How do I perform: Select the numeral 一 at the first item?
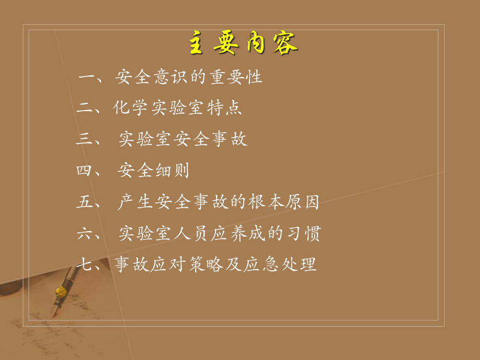(86, 78)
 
